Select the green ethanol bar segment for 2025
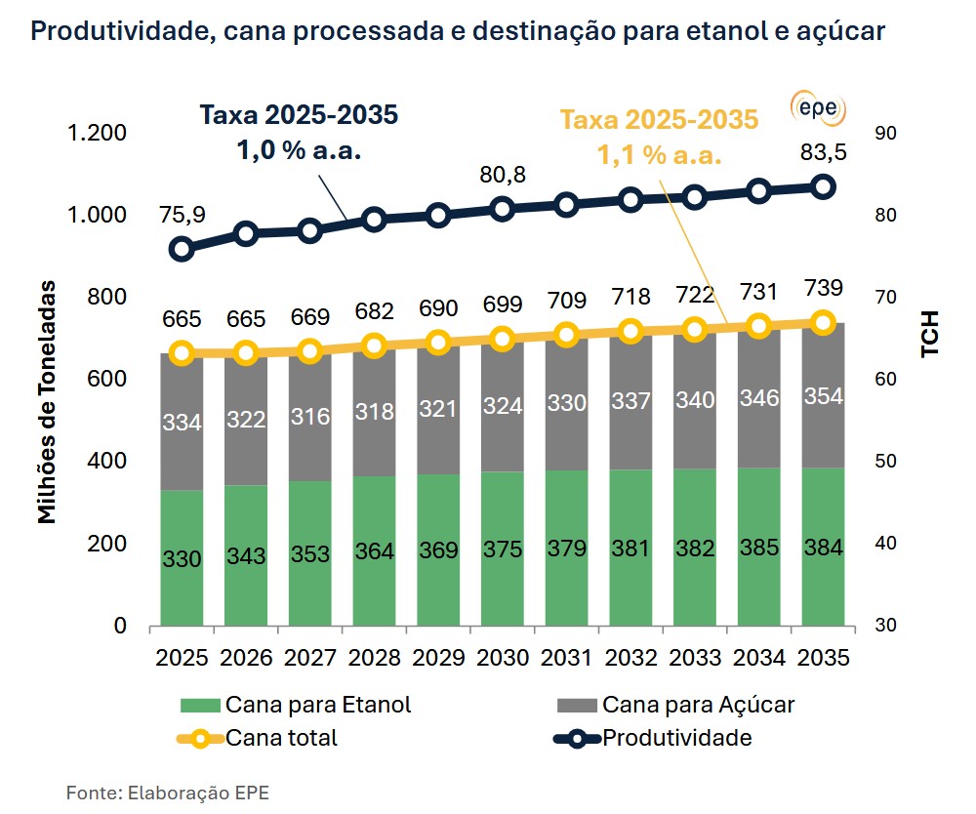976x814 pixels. click(182, 556)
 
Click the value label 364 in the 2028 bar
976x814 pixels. click(375, 551)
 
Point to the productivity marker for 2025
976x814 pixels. click(182, 249)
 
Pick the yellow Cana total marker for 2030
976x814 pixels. click(503, 339)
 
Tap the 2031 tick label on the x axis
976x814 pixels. click(567, 657)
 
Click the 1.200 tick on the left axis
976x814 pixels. click(94, 134)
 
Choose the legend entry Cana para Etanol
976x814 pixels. click(317, 705)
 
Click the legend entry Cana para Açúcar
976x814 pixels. click(698, 705)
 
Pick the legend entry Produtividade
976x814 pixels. click(676, 738)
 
